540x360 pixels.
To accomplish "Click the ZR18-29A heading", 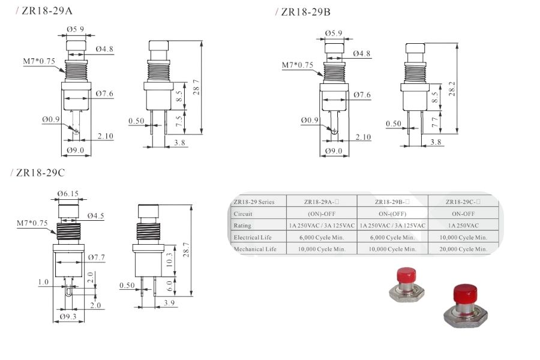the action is (47, 11).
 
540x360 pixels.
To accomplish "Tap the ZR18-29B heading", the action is (305, 12).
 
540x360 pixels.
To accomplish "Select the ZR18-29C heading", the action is (40, 173).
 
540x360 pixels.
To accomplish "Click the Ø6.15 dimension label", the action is (68, 194).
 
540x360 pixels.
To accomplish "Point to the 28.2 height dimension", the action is (452, 89).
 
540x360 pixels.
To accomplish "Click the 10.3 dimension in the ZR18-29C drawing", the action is (169, 260).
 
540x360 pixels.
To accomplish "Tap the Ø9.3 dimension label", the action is (68, 316).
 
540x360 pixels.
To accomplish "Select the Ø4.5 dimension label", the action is (95, 215).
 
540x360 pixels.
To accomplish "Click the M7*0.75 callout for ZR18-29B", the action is (298, 65).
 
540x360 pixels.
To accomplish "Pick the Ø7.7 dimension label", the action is (97, 257).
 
